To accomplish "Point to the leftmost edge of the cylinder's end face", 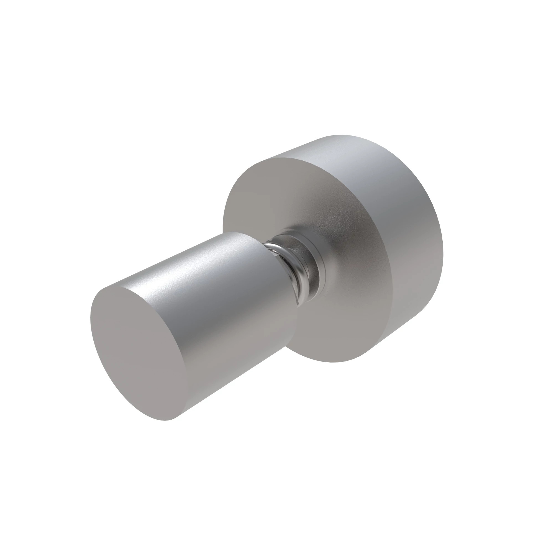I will tap(91, 318).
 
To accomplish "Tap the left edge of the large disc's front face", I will tap(223, 218).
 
